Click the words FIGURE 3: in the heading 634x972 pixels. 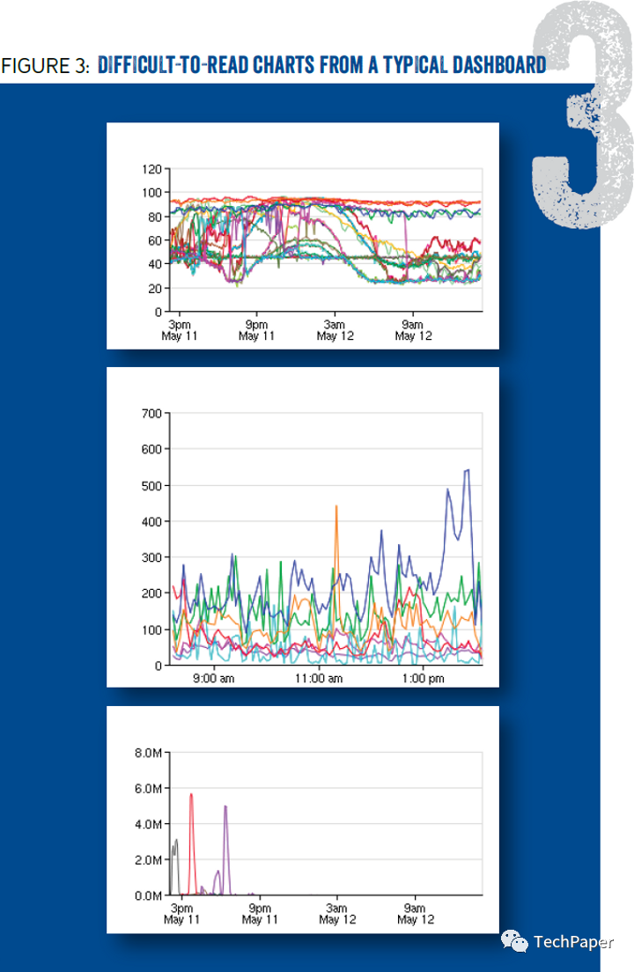46,66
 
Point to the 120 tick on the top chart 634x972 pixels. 151,168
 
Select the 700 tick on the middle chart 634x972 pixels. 151,413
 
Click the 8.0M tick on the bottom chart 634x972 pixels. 146,753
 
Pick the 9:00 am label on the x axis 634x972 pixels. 213,679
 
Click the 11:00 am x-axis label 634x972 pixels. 319,679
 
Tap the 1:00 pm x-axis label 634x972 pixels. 424,679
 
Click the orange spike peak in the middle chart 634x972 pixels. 336,506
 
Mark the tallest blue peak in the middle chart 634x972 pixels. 468,470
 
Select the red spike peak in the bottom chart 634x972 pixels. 191,794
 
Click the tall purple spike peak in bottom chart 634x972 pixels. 225,806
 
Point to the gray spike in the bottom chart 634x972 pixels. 175,841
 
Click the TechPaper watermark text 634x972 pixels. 573,943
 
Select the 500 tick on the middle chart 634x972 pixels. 151,485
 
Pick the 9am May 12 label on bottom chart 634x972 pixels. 415,914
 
